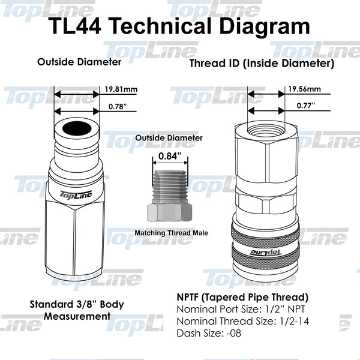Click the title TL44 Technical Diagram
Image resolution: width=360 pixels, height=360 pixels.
coord(179,26)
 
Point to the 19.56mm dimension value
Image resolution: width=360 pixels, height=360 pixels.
coord(304,89)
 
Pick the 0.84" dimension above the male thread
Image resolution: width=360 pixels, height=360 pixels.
coord(170,158)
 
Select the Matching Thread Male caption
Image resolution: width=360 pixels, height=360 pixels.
coord(171,232)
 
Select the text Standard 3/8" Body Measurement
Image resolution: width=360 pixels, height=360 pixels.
coord(77,310)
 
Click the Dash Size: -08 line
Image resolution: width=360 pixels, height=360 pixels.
coord(209,333)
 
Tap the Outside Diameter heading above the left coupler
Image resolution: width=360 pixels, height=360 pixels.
coord(79,62)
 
